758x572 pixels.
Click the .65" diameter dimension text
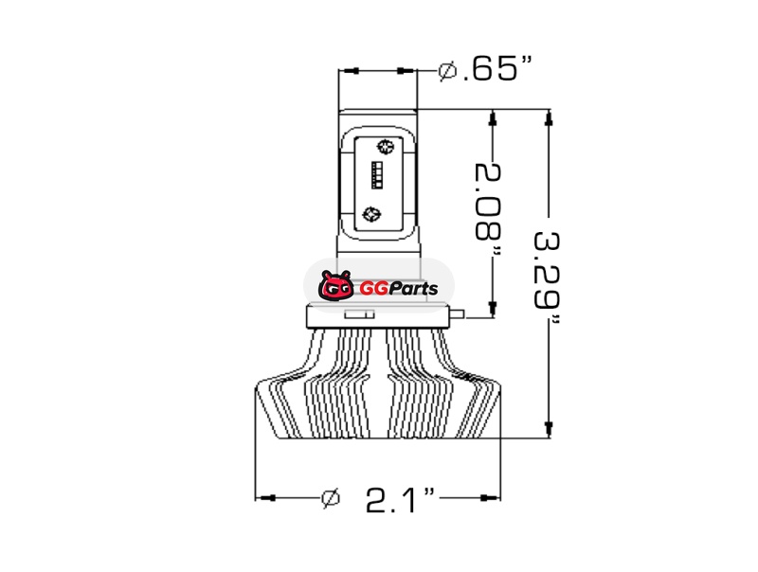pyautogui.click(x=496, y=68)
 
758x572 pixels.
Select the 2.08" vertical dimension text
pyautogui.click(x=488, y=208)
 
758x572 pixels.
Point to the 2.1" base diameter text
pyautogui.click(x=400, y=499)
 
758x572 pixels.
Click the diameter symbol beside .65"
pyautogui.click(x=447, y=70)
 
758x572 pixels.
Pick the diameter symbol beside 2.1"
pyautogui.click(x=331, y=498)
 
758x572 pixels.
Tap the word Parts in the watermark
pyautogui.click(x=413, y=289)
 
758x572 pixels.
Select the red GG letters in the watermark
pyautogui.click(x=373, y=289)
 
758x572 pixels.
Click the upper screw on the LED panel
pyautogui.click(x=386, y=147)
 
